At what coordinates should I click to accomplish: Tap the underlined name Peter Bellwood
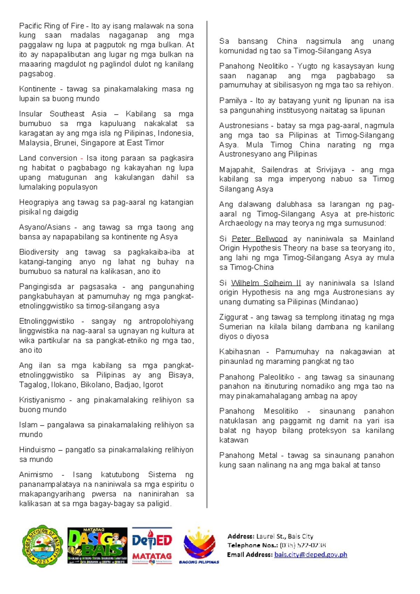pos(259,239)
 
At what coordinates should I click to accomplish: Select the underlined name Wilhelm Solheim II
pos(266,283)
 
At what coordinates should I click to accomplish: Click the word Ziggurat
pos(233,317)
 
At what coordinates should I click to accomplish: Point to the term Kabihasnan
pos(239,352)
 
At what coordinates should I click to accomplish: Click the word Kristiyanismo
pos(42,400)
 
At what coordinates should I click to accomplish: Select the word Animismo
pos(36,475)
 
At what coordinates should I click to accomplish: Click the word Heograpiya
pos(39,202)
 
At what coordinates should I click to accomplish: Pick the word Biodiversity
pos(39,252)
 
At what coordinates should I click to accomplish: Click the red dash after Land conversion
pos(82,158)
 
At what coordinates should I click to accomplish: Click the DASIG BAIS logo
pos(97,546)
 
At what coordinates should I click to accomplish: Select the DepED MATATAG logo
pos(152,546)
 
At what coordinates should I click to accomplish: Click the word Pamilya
pos(233,101)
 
